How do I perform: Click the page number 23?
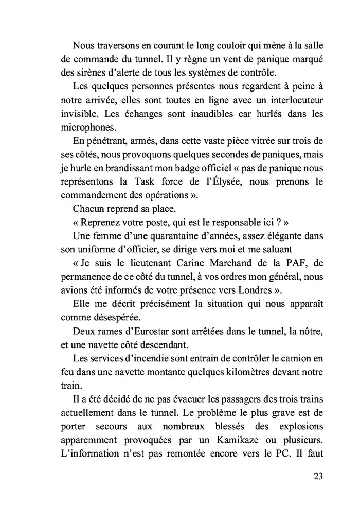[x=317, y=476]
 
